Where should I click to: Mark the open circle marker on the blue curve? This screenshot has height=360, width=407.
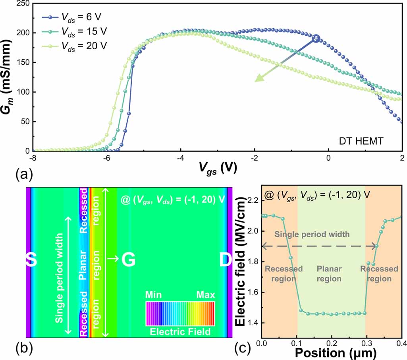coord(316,38)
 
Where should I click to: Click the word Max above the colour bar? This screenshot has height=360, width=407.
coord(205,295)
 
